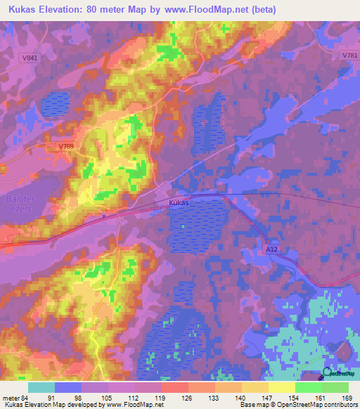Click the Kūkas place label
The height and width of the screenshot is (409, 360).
pos(180,202)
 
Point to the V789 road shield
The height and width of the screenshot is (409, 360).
pos(66,146)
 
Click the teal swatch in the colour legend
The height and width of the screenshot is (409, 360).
pos(41,387)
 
